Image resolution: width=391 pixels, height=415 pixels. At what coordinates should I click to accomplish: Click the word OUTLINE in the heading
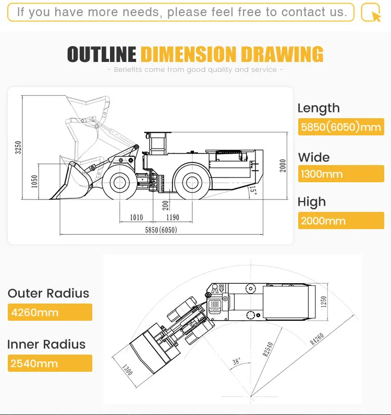coord(102,55)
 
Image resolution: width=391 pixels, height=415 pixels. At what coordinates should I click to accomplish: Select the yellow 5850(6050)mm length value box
coord(341,127)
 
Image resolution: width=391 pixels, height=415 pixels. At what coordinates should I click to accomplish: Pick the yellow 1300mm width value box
coord(341,174)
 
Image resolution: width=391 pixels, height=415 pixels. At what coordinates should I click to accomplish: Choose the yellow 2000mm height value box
coord(341,221)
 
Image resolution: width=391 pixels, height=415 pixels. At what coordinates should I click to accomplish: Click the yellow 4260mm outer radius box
coord(50,312)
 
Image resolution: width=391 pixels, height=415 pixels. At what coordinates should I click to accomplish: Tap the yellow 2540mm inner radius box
coord(50,363)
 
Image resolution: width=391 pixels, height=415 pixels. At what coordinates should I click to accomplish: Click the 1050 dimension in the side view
coord(35,181)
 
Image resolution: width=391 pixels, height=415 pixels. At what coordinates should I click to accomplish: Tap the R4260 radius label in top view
coord(317,338)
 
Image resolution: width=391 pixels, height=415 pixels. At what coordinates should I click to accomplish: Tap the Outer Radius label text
coord(48,293)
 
